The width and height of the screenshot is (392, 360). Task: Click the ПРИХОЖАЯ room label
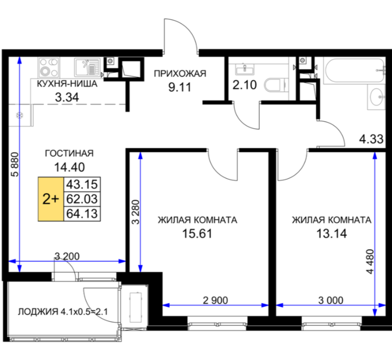tap(180, 74)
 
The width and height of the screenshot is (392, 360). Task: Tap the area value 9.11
tap(180, 87)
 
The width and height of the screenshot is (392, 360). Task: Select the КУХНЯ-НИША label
tap(67, 84)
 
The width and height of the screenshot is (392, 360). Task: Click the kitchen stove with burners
tap(49, 67)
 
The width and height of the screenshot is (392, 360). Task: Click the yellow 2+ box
tap(51, 199)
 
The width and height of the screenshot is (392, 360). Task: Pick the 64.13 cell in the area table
tap(82, 214)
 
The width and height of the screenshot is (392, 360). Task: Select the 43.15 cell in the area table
tap(82, 184)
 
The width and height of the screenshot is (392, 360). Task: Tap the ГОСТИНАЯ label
tap(69, 153)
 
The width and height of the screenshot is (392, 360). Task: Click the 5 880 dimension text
tap(15, 164)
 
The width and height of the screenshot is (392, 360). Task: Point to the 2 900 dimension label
tap(215, 300)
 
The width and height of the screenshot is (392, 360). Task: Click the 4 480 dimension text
tap(370, 261)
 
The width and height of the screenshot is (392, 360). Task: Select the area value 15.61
tap(197, 234)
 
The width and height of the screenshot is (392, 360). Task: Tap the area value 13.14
tap(331, 234)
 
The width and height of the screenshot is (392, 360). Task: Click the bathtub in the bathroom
tap(354, 70)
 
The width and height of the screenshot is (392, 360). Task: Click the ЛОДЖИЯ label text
tap(38, 312)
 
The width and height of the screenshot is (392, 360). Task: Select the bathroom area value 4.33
tap(371, 139)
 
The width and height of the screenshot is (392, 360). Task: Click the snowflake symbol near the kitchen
tap(19, 115)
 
